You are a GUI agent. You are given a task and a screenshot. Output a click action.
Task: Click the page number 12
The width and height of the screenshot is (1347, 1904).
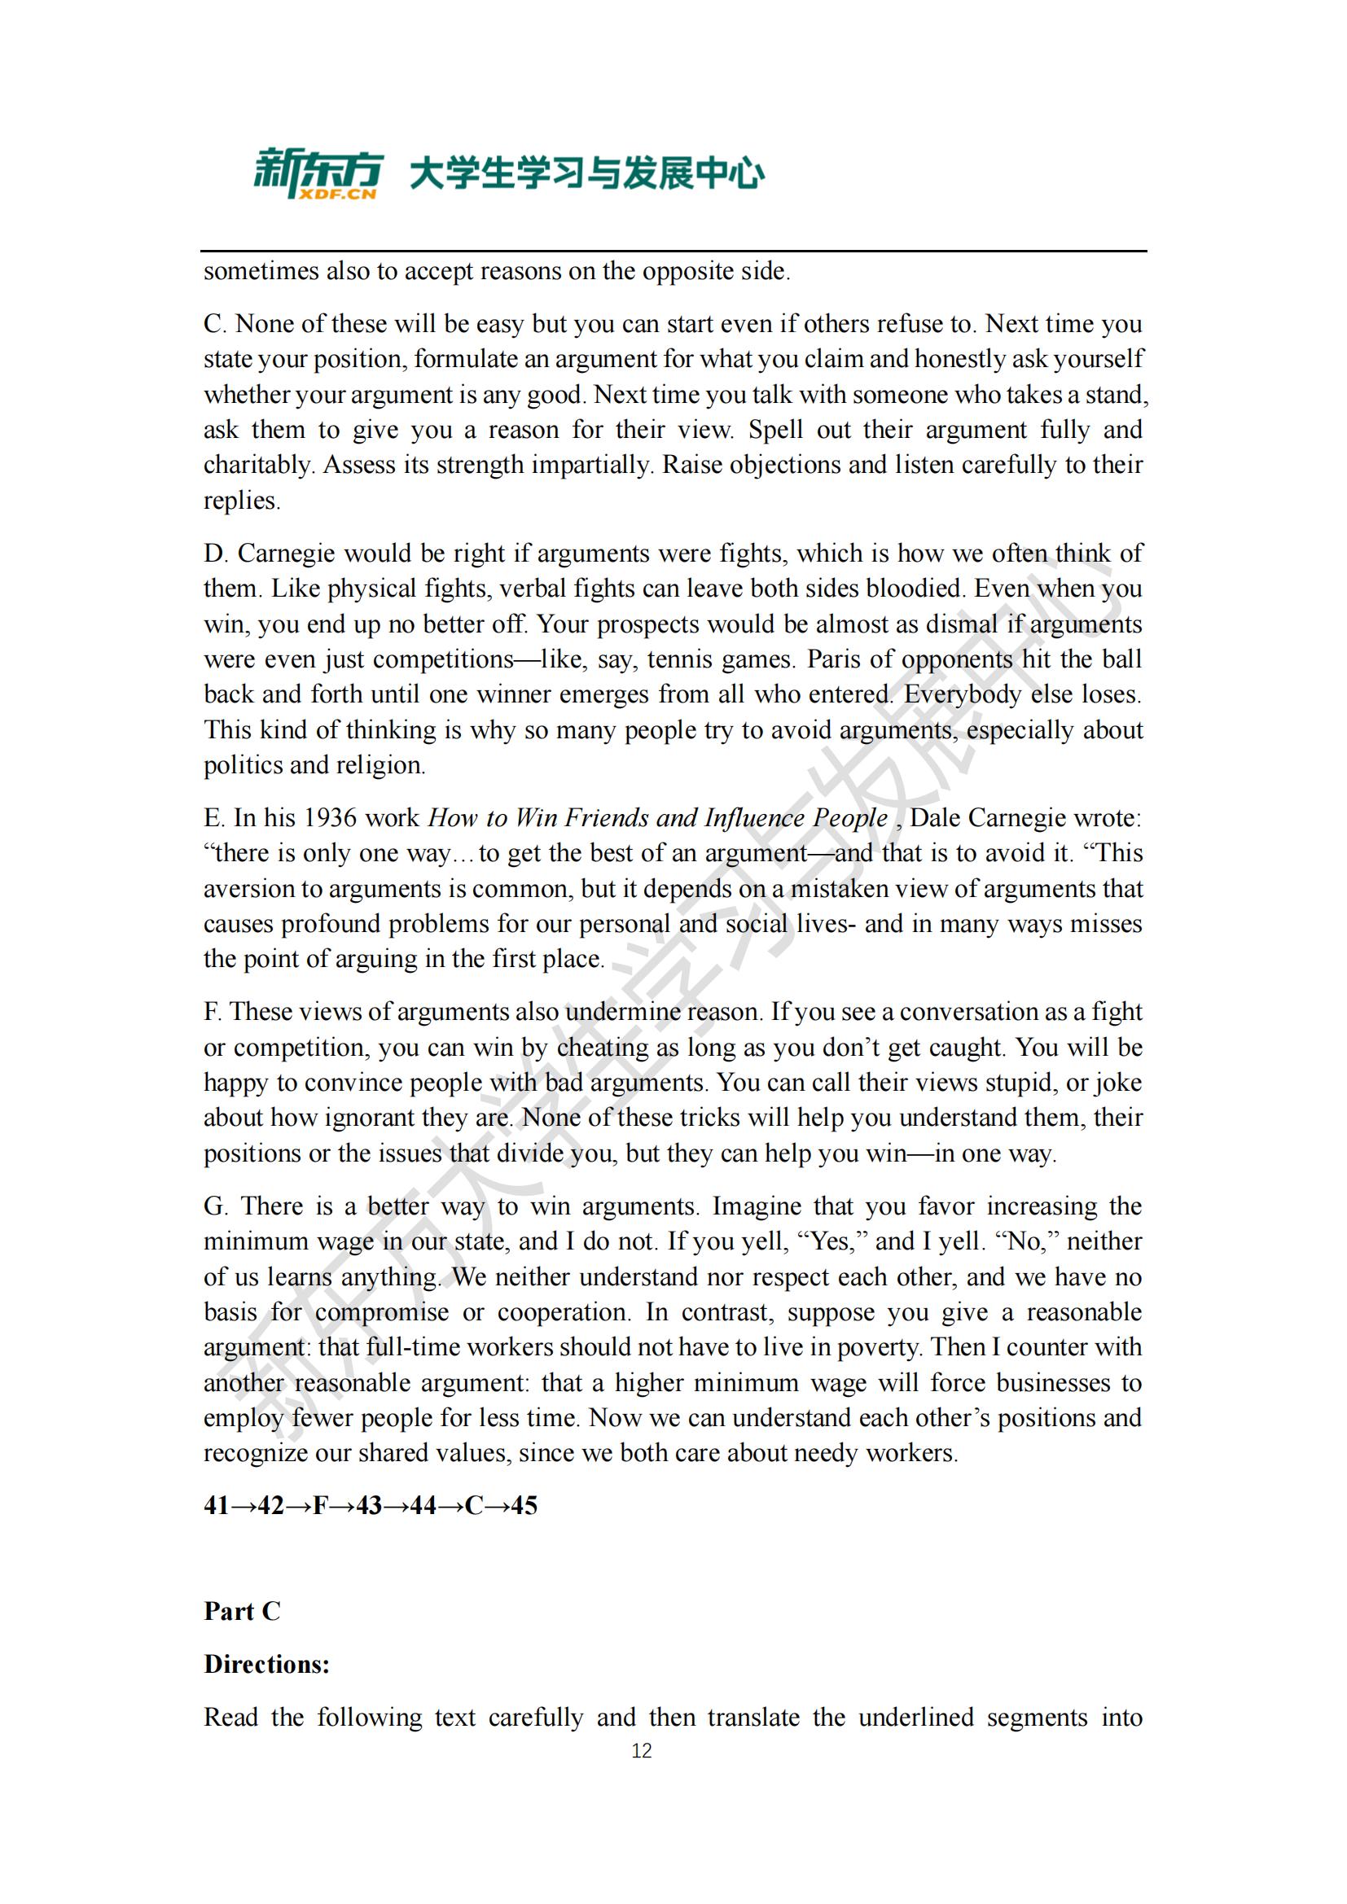[x=641, y=1751]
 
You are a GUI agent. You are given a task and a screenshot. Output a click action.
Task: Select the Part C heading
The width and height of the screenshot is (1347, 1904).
[x=242, y=1610]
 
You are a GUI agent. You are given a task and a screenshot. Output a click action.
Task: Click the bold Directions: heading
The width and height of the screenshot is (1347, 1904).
[x=266, y=1664]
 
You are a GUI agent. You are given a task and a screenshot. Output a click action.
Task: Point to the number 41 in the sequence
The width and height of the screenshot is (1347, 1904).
[x=217, y=1505]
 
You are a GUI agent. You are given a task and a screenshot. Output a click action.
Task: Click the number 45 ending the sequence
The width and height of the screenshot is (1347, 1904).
[x=524, y=1505]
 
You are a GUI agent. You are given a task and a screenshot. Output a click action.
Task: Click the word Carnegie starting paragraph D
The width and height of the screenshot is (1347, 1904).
[x=286, y=553]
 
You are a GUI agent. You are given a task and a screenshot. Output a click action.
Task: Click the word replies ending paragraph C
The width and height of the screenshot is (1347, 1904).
[x=241, y=500]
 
